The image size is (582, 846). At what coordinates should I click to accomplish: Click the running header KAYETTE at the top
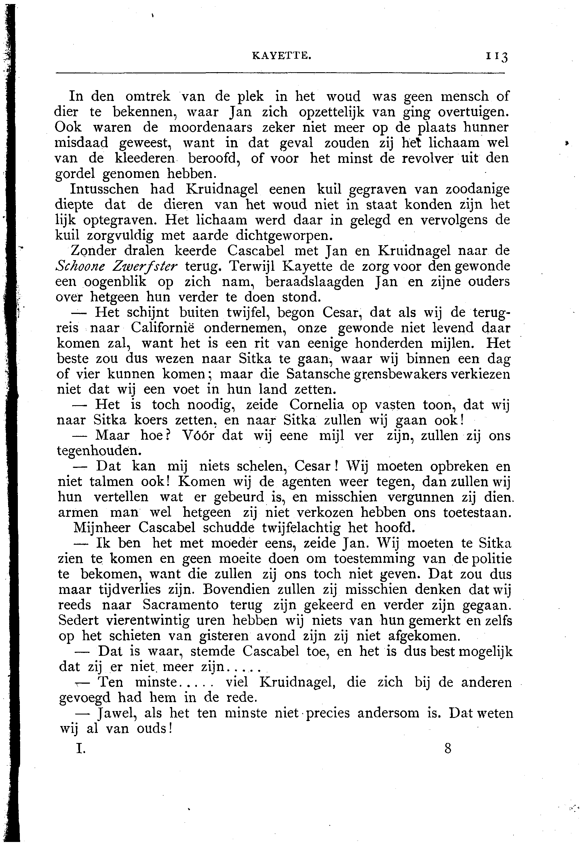point(282,56)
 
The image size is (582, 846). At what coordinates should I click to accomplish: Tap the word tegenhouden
point(99,451)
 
